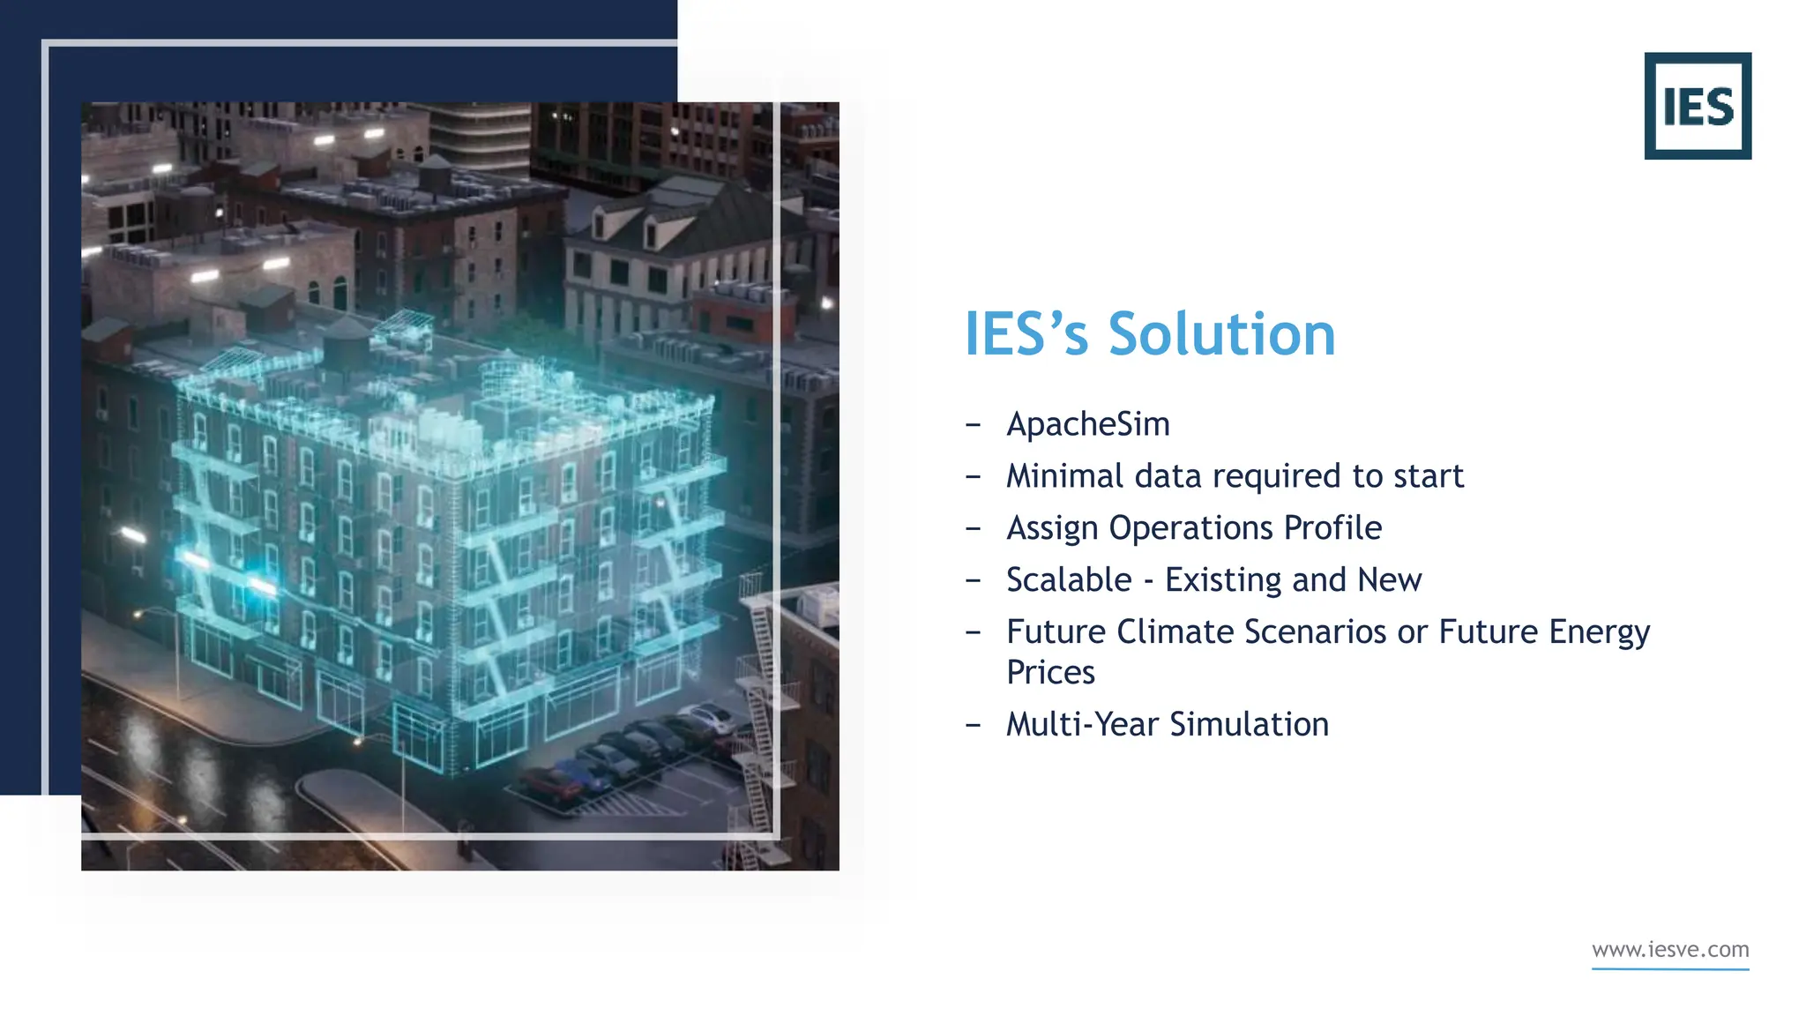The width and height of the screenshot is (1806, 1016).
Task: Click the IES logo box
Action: pyautogui.click(x=1697, y=106)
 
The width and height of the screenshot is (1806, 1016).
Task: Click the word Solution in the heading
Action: pyautogui.click(x=1221, y=334)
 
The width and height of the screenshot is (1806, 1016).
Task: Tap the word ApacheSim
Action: pyautogui.click(x=1087, y=424)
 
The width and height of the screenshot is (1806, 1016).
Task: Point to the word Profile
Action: pyautogui.click(x=1332, y=528)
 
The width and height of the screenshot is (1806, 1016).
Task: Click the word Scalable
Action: pyautogui.click(x=1069, y=580)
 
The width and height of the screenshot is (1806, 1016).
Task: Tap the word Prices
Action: pyautogui.click(x=1050, y=673)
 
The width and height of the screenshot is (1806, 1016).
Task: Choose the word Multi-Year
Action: pyautogui.click(x=1082, y=725)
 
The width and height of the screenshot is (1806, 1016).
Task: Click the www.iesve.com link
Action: pyautogui.click(x=1669, y=950)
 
